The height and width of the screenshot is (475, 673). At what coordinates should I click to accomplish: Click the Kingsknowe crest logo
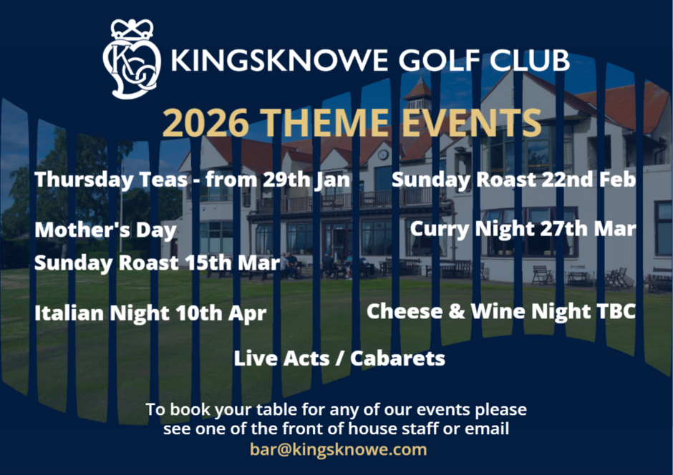tap(132, 59)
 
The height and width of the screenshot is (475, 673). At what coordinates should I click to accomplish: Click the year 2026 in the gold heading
tap(206, 122)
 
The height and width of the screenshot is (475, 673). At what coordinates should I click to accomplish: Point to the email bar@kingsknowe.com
tap(338, 449)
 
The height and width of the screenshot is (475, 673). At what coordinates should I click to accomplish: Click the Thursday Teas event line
tap(193, 179)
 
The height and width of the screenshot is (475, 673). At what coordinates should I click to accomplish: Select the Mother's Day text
tap(105, 230)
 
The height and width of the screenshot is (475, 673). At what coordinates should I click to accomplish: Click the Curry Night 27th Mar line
tap(523, 228)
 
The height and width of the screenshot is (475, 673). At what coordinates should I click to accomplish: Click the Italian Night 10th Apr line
tap(150, 313)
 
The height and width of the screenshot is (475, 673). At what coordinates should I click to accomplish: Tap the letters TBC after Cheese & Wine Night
tap(616, 311)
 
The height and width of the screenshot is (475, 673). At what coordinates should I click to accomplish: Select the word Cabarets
tap(397, 358)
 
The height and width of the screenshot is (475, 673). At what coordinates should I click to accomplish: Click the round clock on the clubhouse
tap(383, 155)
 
